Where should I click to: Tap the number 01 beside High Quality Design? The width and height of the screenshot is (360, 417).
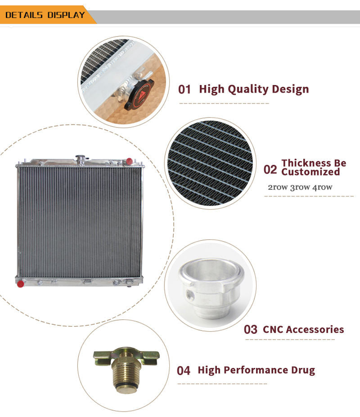pos(184,90)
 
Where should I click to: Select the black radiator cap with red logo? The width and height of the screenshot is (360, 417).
pos(139,94)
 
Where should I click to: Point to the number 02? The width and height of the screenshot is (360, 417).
pos(270,170)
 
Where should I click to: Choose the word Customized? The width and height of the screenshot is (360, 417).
pos(310,172)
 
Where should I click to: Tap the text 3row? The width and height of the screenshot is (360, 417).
pos(300,187)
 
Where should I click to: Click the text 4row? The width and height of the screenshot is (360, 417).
pos(323,187)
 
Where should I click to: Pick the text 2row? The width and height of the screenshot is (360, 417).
pos(278,187)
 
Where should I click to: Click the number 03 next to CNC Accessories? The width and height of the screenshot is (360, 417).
pos(251,329)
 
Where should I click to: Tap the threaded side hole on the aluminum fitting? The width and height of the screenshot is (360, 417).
pos(190,294)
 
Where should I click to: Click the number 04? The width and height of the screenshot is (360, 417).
pos(184,371)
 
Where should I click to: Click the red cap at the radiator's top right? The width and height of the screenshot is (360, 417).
pos(129,161)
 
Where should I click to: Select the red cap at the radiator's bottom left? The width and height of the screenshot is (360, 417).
pos(20,284)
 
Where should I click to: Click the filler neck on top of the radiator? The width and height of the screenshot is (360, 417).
pos(81,160)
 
